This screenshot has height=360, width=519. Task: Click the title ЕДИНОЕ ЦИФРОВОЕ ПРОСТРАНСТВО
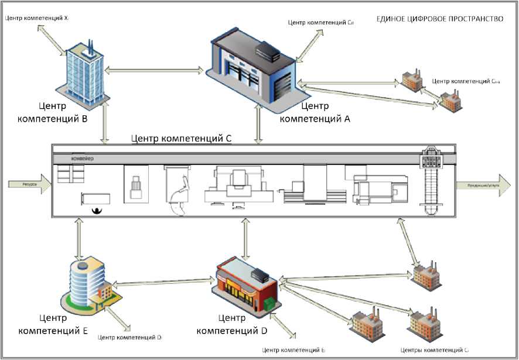pyautogui.click(x=439, y=19)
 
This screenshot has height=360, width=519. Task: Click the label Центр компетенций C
pyautogui.click(x=182, y=139)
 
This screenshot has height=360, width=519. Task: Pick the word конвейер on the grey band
pyautogui.click(x=83, y=159)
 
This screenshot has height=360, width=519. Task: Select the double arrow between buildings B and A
pyautogui.click(x=155, y=71)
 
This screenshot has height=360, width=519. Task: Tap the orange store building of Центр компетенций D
pyautogui.click(x=244, y=286)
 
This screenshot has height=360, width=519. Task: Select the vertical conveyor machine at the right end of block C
pyautogui.click(x=433, y=181)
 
